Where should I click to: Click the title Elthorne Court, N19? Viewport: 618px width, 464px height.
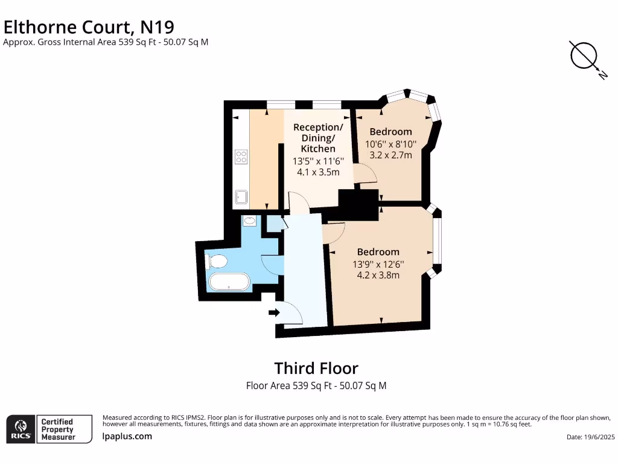89,27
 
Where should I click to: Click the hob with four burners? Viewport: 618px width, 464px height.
241,157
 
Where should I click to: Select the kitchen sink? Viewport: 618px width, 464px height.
241,196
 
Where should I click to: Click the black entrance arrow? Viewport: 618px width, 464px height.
273,312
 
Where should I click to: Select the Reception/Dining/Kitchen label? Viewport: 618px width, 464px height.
318,138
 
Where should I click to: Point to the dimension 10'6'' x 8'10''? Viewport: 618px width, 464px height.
390,144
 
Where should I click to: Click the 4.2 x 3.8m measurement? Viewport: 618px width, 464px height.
378,275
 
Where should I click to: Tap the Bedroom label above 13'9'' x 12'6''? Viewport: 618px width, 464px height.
378,252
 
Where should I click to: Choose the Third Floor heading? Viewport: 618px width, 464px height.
316,368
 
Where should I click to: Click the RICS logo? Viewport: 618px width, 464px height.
20,429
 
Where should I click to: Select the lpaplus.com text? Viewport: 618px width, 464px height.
127,436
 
